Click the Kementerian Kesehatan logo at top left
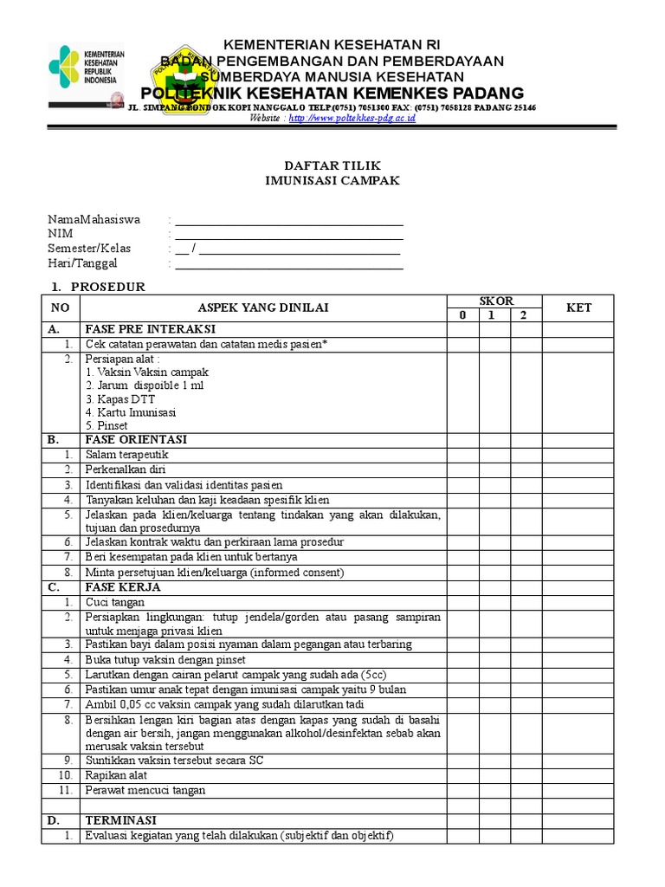pyautogui.click(x=87, y=76)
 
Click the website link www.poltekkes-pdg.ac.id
pyautogui.click(x=352, y=118)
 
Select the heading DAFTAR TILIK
pyautogui.click(x=333, y=165)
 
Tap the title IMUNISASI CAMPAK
pyautogui.click(x=333, y=181)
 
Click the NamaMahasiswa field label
pyautogui.click(x=94, y=219)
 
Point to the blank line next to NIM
pyautogui.click(x=288, y=234)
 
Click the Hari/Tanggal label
pyautogui.click(x=82, y=263)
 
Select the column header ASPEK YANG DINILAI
pyautogui.click(x=263, y=308)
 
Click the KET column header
pyautogui.click(x=578, y=308)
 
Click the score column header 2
pyautogui.click(x=523, y=315)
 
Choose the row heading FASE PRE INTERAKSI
pyautogui.click(x=149, y=329)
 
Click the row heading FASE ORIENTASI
pyautogui.click(x=135, y=439)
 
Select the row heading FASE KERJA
pyautogui.click(x=123, y=586)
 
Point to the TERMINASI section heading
pyautogui.click(x=120, y=819)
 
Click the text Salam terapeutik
pyautogui.click(x=126, y=454)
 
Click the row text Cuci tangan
pyautogui.click(x=115, y=602)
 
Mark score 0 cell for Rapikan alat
pyautogui.click(x=463, y=775)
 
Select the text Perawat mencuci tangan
pyautogui.click(x=145, y=790)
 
